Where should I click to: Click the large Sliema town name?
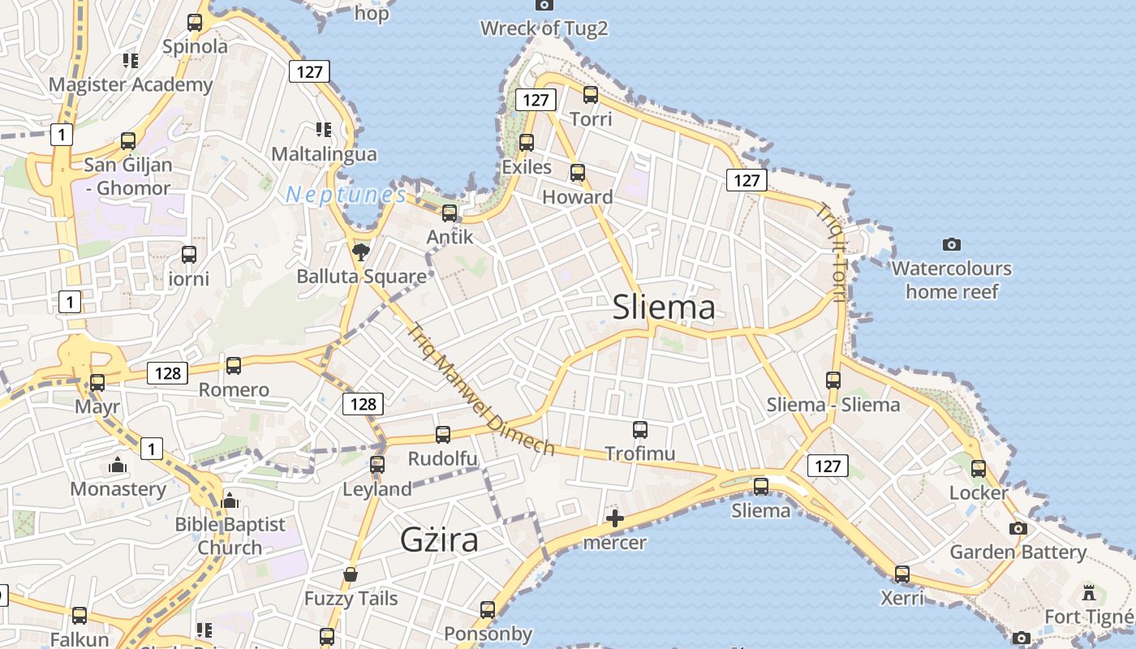[x=664, y=307]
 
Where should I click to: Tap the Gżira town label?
[x=439, y=540]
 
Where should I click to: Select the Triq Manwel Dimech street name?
[x=481, y=390]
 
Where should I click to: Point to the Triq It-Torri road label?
[x=832, y=251]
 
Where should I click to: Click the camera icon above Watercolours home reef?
[x=952, y=244]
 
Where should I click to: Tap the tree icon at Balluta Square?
[x=361, y=251]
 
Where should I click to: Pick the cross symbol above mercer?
[x=614, y=518]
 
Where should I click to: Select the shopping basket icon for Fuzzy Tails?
[x=351, y=575]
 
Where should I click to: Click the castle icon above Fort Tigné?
[x=1088, y=592]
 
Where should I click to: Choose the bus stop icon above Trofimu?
[x=640, y=429]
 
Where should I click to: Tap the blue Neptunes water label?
[x=346, y=195]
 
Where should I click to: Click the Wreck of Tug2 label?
[x=544, y=28]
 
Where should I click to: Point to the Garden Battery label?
[x=1018, y=552]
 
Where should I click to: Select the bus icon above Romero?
[x=234, y=365]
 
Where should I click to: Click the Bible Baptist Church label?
[x=230, y=536]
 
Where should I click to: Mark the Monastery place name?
[x=118, y=489]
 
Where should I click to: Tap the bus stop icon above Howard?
[x=578, y=172]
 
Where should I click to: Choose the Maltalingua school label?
[x=324, y=154]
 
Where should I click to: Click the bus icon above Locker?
[x=979, y=468]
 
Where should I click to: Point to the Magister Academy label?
[x=131, y=84]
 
